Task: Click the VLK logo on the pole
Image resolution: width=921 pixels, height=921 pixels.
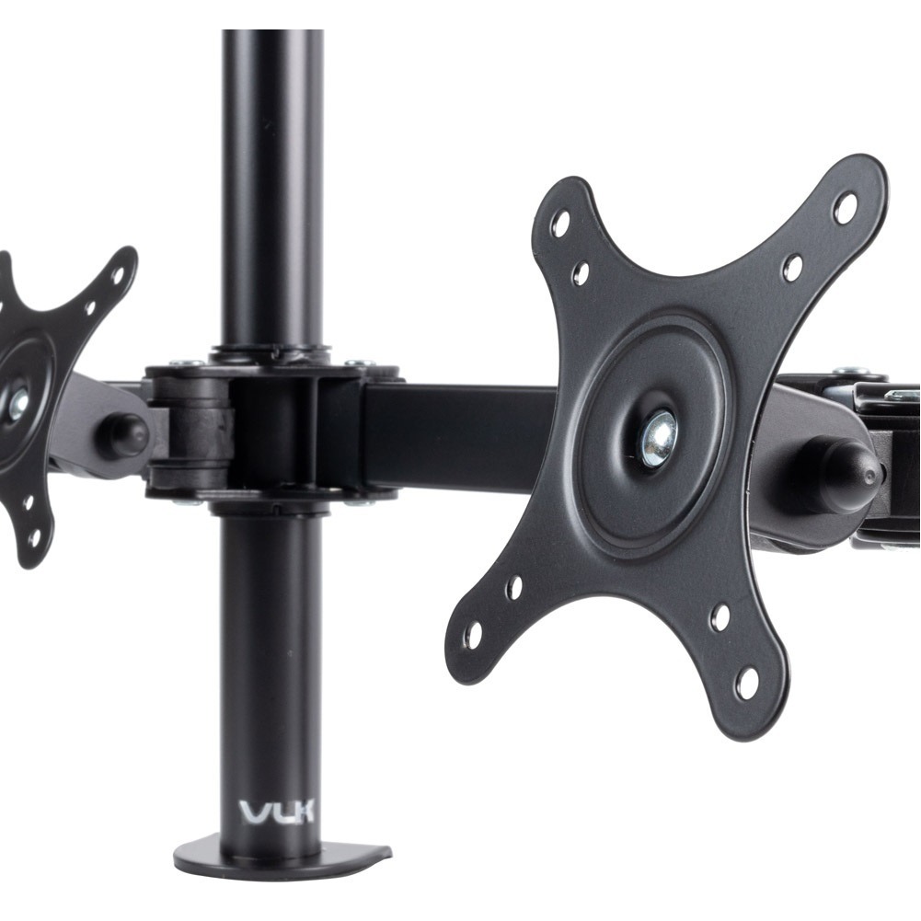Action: pos(277,812)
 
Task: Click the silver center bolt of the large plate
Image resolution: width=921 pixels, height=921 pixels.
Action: pos(660,438)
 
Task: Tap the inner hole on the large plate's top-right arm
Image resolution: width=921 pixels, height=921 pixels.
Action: pos(794,266)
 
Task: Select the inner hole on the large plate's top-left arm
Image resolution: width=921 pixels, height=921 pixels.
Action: pos(581,272)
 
